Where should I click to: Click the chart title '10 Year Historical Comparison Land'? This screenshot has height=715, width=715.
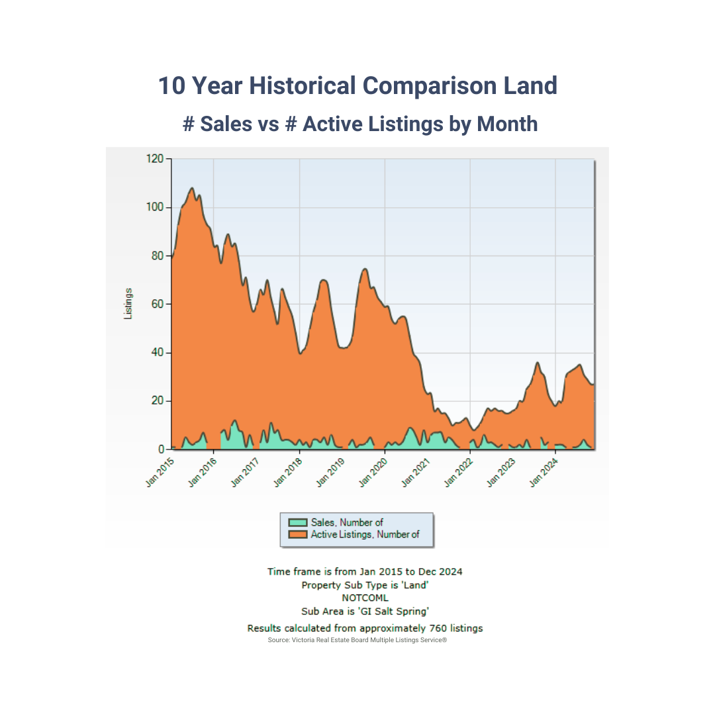[x=358, y=86]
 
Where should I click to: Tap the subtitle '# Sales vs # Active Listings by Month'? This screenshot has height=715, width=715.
[x=360, y=124]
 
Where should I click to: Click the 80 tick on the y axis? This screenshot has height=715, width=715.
[x=156, y=256]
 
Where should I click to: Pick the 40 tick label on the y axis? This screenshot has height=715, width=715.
[x=156, y=352]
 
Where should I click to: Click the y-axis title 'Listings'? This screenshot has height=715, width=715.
[x=128, y=304]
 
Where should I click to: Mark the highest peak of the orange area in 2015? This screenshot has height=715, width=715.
[x=192, y=188]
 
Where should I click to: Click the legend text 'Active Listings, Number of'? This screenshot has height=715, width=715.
[x=365, y=534]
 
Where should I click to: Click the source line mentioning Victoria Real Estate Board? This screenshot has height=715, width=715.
[x=358, y=641]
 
